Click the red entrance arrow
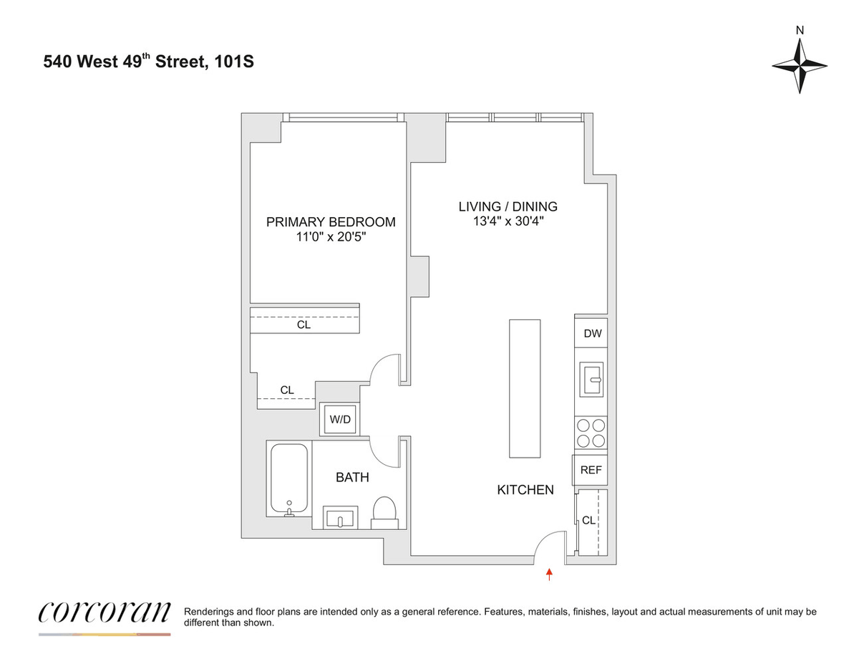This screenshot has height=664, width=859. click(549, 574)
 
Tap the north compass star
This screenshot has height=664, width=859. click(800, 66)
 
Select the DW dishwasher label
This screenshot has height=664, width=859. click(593, 333)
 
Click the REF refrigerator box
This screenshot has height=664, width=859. click(590, 470)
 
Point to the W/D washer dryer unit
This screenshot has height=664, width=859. click(340, 419)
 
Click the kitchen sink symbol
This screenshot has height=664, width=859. click(591, 379)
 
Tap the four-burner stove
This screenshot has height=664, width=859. click(591, 433)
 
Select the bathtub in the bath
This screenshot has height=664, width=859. click(289, 480)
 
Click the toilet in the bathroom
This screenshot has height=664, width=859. click(384, 513)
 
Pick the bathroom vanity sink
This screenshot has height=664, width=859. click(340, 517)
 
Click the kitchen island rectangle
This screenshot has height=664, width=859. click(525, 389)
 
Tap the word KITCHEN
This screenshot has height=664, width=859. click(525, 490)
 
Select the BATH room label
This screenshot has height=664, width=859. click(352, 477)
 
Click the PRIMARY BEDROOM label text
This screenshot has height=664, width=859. click(331, 222)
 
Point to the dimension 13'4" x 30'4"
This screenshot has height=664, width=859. click(508, 221)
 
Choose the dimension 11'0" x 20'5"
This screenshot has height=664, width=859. click(331, 237)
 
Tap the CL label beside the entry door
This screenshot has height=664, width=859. click(588, 521)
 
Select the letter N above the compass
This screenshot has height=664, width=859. click(800, 31)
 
